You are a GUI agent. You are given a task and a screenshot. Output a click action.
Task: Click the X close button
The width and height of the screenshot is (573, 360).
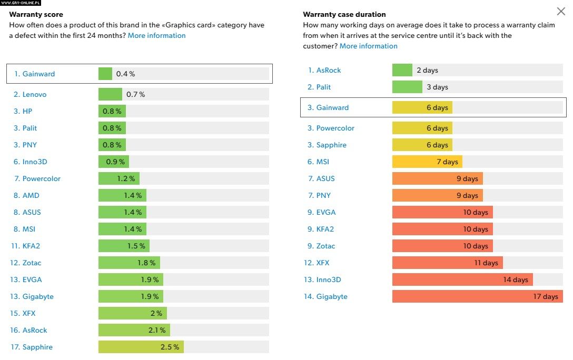click(561, 12)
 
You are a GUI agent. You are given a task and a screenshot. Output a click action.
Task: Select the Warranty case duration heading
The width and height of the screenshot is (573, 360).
click(344, 15)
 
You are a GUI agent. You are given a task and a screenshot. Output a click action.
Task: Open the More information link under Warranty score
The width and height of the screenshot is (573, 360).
click(156, 36)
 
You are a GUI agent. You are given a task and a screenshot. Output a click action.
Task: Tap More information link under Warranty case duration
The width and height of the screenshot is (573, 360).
click(368, 46)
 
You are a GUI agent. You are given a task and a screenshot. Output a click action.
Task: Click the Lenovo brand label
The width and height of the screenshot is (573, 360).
click(34, 95)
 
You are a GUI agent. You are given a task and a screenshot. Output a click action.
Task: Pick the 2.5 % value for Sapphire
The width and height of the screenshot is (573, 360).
click(170, 347)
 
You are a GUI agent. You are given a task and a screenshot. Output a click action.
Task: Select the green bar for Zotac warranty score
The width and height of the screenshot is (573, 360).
click(129, 263)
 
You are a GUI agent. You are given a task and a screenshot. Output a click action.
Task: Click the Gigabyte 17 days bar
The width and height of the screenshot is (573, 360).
click(477, 297)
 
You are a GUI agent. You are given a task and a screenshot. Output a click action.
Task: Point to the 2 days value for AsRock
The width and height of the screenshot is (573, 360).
click(427, 71)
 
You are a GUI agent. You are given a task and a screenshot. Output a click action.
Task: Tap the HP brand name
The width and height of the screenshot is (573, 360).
click(27, 112)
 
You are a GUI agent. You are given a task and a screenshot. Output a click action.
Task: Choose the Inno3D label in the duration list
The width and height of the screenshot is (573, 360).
click(329, 280)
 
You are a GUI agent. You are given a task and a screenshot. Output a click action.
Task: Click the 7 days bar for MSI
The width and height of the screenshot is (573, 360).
click(427, 162)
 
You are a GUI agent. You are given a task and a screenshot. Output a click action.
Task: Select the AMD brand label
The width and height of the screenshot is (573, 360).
click(31, 196)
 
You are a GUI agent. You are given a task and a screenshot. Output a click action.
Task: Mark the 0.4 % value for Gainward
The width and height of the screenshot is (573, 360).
click(126, 74)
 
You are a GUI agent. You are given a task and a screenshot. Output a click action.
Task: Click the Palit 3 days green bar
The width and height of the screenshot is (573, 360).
click(407, 87)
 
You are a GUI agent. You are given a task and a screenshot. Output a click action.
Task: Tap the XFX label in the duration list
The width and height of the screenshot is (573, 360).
click(323, 263)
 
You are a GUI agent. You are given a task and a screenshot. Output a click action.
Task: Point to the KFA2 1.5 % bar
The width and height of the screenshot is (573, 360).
click(124, 246)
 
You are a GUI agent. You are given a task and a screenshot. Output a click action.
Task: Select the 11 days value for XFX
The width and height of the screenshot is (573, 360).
click(486, 263)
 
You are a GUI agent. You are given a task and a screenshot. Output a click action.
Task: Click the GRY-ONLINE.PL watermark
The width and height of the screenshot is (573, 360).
click(21, 3)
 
